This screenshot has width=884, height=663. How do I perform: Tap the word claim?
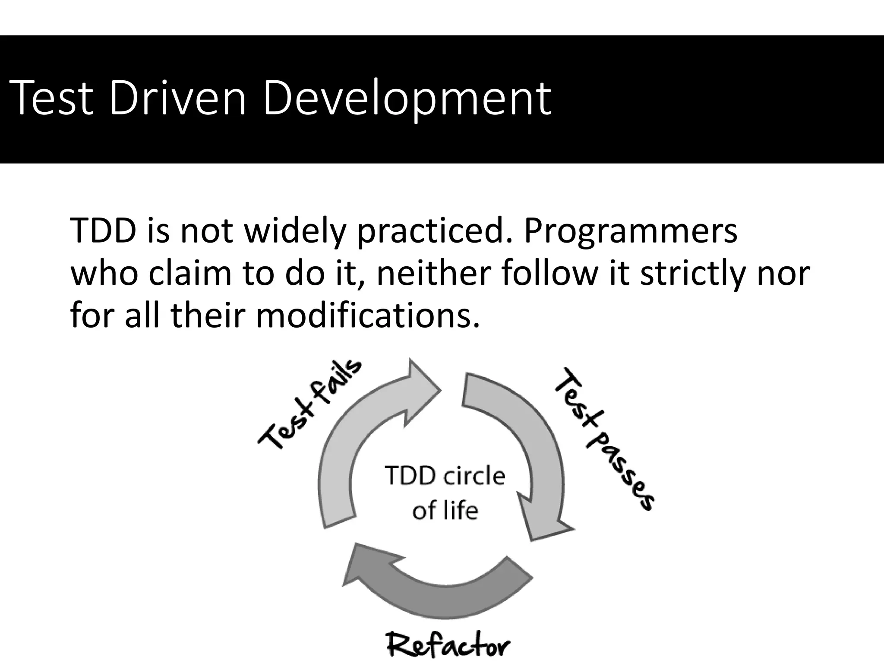coord(190,274)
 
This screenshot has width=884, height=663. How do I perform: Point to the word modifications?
coord(367,316)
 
